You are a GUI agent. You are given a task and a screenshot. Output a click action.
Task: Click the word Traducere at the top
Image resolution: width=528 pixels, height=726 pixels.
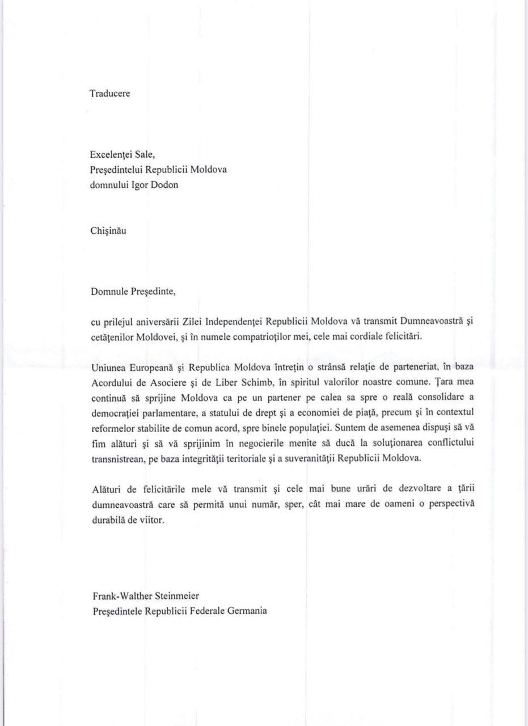(110, 94)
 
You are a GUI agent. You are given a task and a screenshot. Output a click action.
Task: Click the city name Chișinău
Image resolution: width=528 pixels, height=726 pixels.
(108, 231)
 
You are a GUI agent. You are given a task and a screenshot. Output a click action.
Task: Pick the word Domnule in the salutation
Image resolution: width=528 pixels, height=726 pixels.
(110, 292)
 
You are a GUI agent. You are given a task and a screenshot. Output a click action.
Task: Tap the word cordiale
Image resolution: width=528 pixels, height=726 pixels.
(373, 336)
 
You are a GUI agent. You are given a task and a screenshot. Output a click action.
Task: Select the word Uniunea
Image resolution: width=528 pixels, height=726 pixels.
(109, 367)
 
